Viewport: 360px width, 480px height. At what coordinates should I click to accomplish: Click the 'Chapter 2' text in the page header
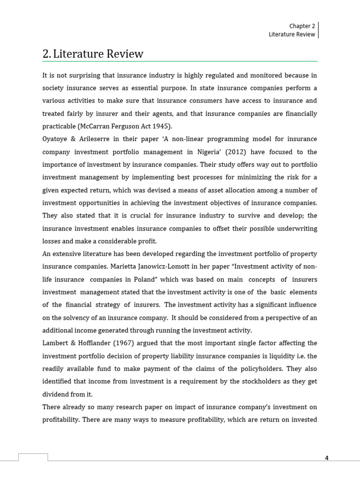pyautogui.click(x=302, y=26)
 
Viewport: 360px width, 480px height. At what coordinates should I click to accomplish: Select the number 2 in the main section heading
pyautogui.click(x=45, y=54)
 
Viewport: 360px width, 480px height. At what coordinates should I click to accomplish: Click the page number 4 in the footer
pyautogui.click(x=327, y=458)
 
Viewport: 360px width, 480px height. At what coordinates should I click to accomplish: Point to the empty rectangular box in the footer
pyautogui.click(x=33, y=457)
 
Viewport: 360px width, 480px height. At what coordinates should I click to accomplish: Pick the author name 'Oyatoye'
pyautogui.click(x=56, y=139)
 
